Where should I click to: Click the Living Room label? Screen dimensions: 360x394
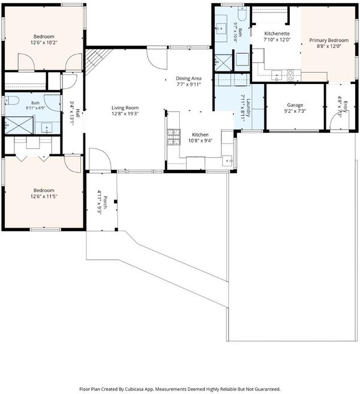point(125,108)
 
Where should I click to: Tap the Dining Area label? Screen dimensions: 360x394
point(188,79)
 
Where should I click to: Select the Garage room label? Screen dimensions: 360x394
point(295,105)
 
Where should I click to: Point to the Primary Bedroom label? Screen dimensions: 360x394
point(329,40)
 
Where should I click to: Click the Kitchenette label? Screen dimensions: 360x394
point(277,34)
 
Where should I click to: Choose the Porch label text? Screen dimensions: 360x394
point(105,202)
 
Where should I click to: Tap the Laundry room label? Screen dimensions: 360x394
point(248,108)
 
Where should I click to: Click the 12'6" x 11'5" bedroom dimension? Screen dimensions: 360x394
point(44,196)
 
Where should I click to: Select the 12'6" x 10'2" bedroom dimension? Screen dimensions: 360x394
point(44,43)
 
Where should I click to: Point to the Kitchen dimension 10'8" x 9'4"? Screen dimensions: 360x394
point(200,141)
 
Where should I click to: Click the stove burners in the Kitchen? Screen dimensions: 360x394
point(174,137)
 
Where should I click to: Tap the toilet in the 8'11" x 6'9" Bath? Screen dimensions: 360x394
point(13,101)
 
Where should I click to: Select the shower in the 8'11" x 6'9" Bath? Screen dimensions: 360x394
point(19,126)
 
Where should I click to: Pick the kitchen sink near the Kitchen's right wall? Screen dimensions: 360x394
point(227,161)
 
